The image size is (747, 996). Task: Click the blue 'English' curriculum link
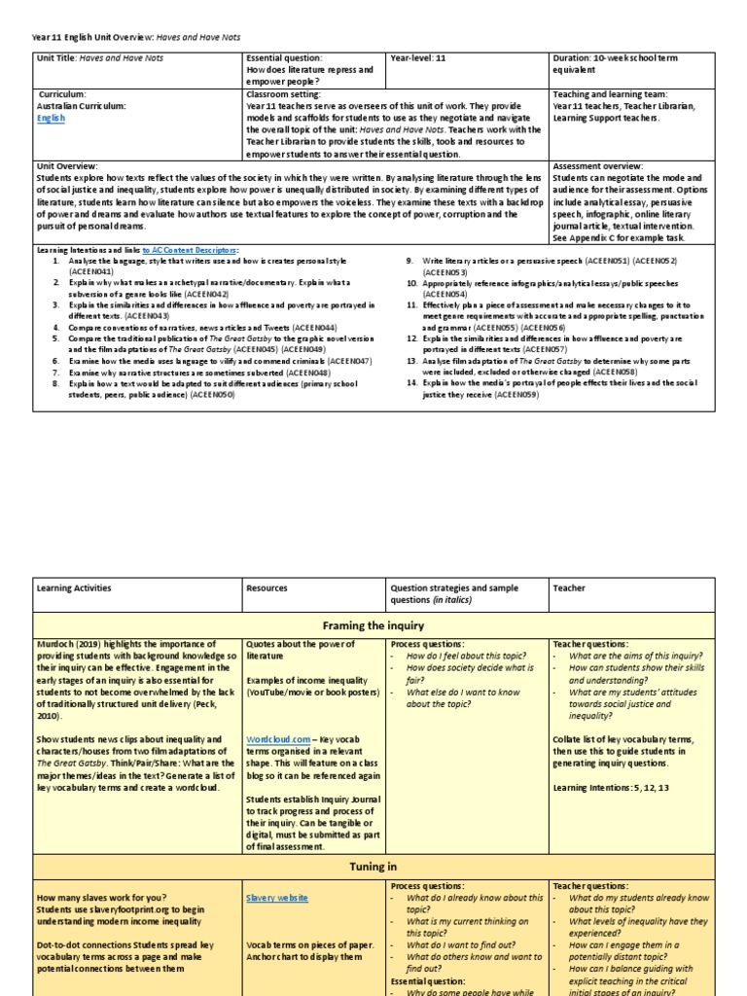(51, 119)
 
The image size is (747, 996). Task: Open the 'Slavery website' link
(279, 897)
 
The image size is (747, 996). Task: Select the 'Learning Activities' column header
(74, 587)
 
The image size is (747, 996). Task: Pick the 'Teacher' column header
(569, 587)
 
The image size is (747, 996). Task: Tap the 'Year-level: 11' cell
(423, 58)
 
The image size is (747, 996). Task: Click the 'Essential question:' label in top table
(282, 58)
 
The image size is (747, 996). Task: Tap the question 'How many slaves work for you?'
(101, 897)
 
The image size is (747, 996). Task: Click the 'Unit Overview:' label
(67, 166)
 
